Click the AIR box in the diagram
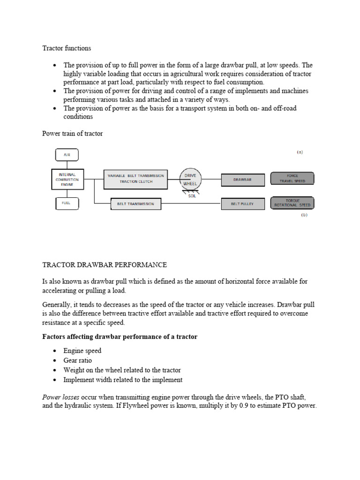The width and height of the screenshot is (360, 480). [67, 155]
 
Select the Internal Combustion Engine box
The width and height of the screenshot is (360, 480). [67, 179]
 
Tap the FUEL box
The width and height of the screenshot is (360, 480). [67, 203]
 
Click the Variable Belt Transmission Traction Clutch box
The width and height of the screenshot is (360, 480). [135, 179]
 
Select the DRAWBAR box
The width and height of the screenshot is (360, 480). [242, 179]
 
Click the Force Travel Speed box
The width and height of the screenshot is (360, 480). [292, 179]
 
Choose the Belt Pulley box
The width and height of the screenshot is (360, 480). [242, 204]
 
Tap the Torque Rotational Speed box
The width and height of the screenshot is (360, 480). [292, 203]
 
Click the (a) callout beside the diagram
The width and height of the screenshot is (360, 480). [300, 152]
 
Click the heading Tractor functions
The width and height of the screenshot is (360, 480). [67, 48]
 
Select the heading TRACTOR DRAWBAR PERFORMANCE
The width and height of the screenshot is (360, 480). [105, 265]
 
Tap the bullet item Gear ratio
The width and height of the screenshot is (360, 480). [77, 360]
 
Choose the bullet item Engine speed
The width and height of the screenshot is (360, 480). [82, 351]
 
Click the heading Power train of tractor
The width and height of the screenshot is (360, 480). [72, 134]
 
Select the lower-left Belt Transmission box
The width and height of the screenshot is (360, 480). [132, 204]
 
